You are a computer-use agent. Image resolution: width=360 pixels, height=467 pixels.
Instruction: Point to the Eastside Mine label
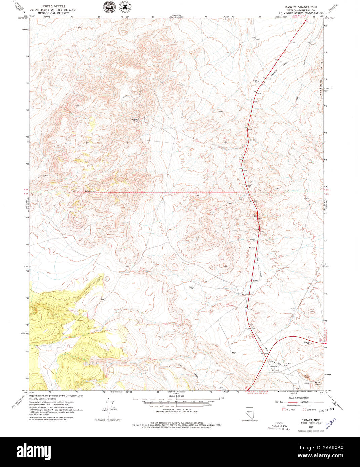click(x=134, y=120)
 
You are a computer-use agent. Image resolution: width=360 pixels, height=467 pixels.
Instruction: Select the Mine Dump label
click(x=306, y=377)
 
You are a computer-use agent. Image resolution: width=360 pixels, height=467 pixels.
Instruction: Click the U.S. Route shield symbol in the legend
click(x=284, y=410)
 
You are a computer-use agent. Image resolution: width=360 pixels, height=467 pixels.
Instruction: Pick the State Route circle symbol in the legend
click(x=304, y=410)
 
